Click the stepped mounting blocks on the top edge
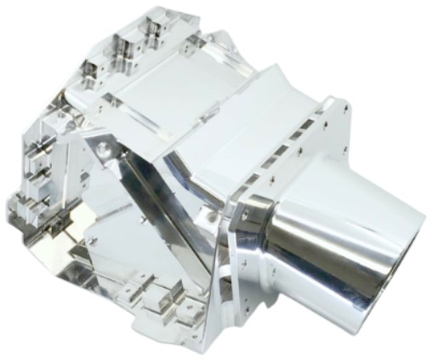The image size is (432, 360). tap(132, 34)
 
